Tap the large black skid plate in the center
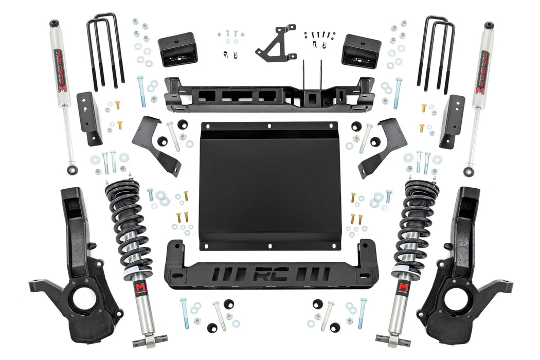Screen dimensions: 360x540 pos(268,185)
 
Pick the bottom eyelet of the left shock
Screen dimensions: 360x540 pos(71,170)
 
